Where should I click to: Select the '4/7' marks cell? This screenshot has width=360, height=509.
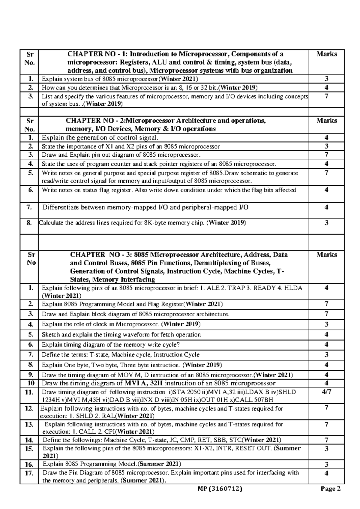point(326,392)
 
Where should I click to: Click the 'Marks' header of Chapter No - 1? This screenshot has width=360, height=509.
point(326,54)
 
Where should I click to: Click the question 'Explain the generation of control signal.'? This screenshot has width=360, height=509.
point(100,138)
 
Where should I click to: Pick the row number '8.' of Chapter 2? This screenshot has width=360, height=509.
point(29,223)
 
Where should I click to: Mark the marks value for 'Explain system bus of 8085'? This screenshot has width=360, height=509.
point(326,79)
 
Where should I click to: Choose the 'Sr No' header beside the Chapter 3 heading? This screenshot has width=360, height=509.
point(31,259)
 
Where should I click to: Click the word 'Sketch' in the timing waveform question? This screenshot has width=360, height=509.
point(51,335)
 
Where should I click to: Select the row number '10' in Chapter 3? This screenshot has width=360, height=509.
point(31,383)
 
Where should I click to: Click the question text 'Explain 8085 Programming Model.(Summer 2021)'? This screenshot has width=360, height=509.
point(112,464)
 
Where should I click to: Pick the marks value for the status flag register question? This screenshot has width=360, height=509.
point(326,190)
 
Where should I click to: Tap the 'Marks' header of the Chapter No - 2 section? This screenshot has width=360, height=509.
point(326,121)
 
